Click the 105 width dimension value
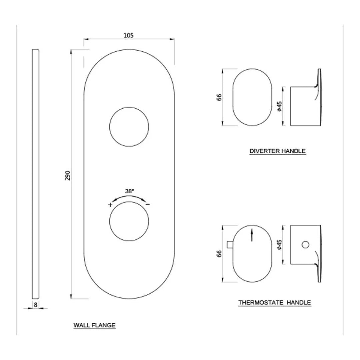click(129, 35)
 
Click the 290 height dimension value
click(68, 175)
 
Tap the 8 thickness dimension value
click(35, 304)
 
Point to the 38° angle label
click(129, 191)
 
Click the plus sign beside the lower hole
click(110, 205)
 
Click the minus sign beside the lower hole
click(148, 204)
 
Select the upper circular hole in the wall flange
click(129, 127)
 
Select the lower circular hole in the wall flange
click(129, 221)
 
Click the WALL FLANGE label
click(94, 325)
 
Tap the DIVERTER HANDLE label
click(277, 151)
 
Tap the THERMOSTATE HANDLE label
click(274, 303)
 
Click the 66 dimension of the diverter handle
click(219, 97)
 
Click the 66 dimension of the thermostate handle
click(219, 253)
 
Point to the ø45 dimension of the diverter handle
click(280, 106)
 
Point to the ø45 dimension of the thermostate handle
click(280, 245)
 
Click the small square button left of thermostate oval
click(229, 245)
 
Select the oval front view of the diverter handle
click(252, 97)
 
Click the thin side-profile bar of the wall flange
click(36, 174)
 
